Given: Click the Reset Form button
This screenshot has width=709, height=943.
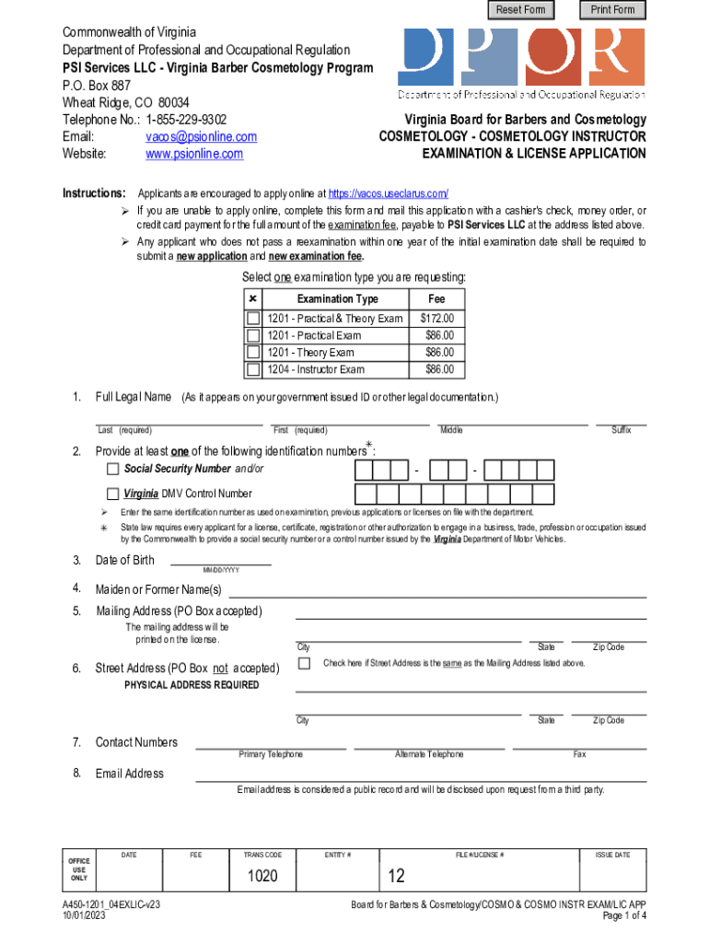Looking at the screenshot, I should point(521,10).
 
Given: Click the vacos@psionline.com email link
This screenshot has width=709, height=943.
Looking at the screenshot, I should point(201,136).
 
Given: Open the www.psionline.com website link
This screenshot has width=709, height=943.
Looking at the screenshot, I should point(194,154).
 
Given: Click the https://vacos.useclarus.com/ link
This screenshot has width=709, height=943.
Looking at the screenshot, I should point(388,193).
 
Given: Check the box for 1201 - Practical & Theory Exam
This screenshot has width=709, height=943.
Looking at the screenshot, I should point(253,319).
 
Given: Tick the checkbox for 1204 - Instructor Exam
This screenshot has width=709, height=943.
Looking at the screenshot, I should point(253,370).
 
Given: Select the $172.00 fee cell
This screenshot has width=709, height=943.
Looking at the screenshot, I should point(436,319).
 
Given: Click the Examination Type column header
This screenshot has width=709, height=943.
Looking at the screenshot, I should point(337,299).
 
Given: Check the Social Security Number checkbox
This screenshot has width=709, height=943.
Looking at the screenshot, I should point(113,469).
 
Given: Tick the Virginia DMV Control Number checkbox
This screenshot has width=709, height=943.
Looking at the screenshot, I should point(113,493).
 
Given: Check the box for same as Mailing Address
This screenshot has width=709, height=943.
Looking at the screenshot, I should point(304,663).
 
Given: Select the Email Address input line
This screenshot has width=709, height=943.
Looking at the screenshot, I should point(420,774).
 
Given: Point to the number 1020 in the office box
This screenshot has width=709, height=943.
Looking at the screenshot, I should point(262,876).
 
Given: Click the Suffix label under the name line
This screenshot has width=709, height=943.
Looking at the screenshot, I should point(621,430).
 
